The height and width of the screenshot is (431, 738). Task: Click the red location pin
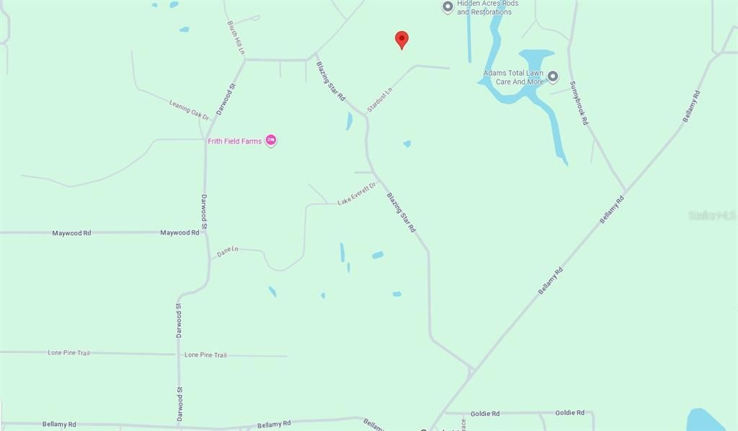pos(401,40)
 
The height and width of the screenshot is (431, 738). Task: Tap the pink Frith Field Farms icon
pos(271,140)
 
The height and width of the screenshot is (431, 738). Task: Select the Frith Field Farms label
pos(235,142)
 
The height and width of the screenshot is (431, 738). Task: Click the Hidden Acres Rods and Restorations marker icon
pos(448,7)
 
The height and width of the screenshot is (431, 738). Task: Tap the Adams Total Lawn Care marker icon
pos(553,76)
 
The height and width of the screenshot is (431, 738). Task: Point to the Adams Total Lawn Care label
pos(514,77)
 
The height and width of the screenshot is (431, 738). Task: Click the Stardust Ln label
pos(379,100)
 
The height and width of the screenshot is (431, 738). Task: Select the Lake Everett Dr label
pos(357,194)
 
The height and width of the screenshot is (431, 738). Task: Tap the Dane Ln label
pos(227,251)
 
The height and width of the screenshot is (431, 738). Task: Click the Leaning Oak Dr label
pos(189,109)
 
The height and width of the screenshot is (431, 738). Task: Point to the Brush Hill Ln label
pos(236,38)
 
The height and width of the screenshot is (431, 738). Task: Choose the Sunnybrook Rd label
pos(579,103)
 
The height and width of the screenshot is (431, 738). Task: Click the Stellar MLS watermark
pos(712,215)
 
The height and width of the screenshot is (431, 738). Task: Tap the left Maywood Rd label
pos(71,233)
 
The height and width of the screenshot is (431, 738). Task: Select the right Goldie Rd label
pos(569,413)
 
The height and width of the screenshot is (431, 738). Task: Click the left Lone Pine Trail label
pos(68,353)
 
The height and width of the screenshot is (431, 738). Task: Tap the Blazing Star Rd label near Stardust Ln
pos(331,80)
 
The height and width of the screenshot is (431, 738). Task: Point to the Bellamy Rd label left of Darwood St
pos(59,425)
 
